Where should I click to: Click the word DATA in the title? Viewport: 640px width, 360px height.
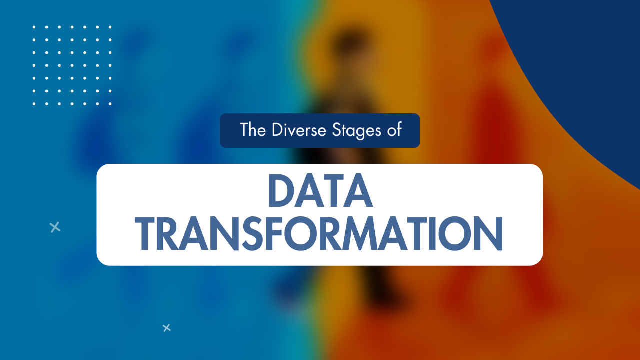pos(320,191)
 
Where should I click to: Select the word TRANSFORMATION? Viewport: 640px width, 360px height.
pos(320,234)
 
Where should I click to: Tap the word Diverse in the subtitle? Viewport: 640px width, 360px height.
pos(298,130)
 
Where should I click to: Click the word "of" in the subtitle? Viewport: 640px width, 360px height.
pos(393,130)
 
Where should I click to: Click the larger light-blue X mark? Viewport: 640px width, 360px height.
pos(55,227)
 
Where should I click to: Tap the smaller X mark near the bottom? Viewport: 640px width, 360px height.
pos(167,328)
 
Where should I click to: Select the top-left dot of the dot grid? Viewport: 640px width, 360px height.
pos(34,27)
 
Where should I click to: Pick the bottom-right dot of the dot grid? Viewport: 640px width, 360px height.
pos(110,104)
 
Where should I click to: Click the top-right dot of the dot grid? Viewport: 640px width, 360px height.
pos(110,27)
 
